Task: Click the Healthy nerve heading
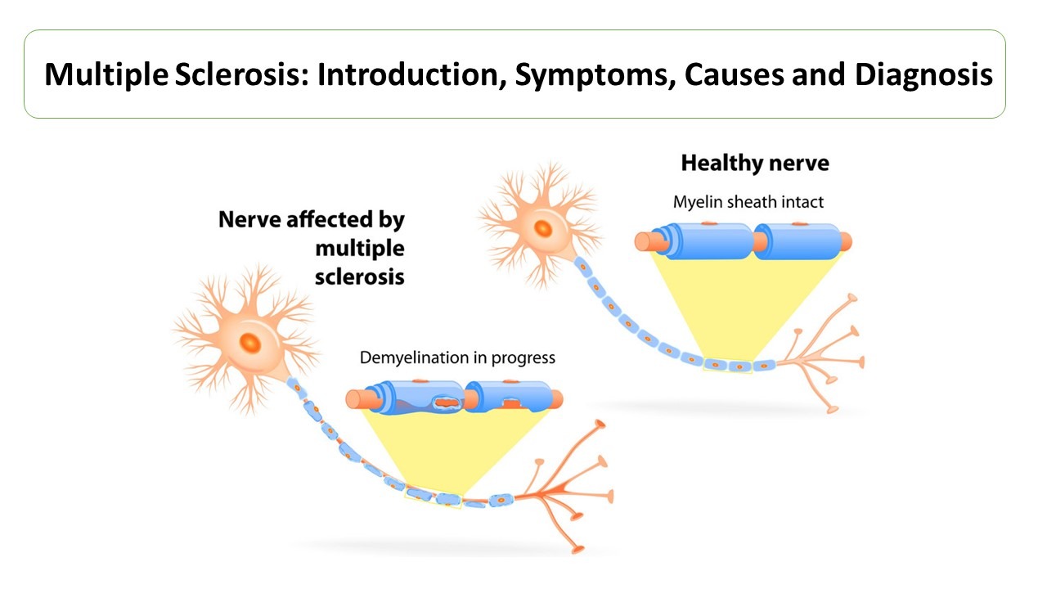(x=754, y=164)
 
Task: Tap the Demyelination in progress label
(x=457, y=357)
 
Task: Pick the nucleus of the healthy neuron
(x=541, y=227)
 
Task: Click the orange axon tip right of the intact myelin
(x=843, y=241)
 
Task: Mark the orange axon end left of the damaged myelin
(x=355, y=399)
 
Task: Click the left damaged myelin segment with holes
(x=417, y=398)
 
